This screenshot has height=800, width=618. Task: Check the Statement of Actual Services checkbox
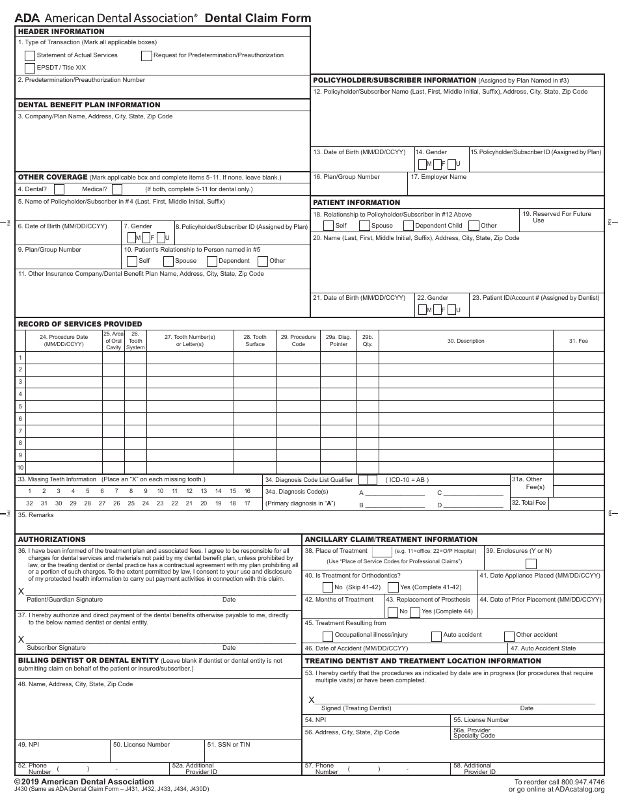coord(30,55)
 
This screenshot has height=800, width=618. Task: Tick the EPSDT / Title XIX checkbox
coord(30,68)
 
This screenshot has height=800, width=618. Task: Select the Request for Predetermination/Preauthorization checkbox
coord(146,55)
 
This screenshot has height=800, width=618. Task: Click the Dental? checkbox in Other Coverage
coord(59,189)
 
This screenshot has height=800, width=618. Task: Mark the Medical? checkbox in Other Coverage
coord(117,189)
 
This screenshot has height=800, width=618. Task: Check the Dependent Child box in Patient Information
coord(409,226)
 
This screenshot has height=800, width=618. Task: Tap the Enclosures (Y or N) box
coord(531,564)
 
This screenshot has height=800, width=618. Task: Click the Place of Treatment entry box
coord(381,552)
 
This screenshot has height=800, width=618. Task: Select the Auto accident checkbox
coord(436,635)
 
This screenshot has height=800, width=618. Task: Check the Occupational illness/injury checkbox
coord(328,635)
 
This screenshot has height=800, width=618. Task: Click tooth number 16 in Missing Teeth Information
coord(247,492)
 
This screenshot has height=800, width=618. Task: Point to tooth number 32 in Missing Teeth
coord(29,503)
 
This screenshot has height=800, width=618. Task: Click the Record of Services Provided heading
coord(80,324)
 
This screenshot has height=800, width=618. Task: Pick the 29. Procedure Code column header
coord(298,340)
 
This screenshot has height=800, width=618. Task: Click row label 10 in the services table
coord(20,468)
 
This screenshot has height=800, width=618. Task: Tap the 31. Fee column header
coord(578,341)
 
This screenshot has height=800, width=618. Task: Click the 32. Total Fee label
coord(529,503)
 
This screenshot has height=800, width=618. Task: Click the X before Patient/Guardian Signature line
coord(21,591)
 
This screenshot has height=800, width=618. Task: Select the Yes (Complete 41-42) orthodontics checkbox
coord(393,587)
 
